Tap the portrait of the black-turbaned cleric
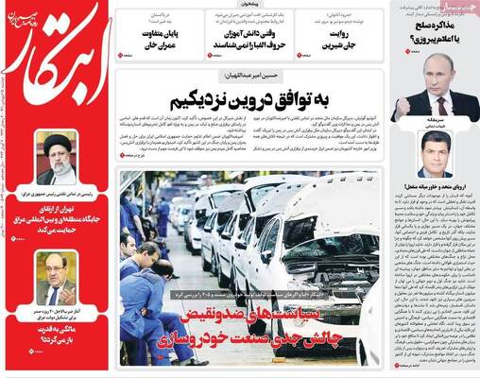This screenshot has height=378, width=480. [x=58, y=158]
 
